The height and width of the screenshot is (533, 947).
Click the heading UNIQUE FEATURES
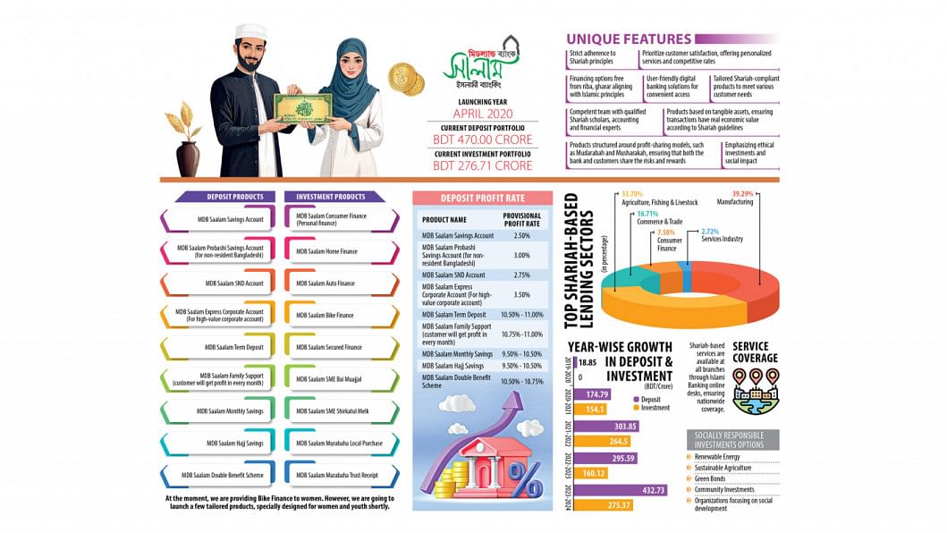[x=629, y=39]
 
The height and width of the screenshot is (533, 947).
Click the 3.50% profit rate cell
[x=522, y=293]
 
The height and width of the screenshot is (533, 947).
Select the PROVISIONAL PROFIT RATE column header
[x=522, y=219]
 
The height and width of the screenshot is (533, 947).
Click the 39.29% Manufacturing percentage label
[x=744, y=193]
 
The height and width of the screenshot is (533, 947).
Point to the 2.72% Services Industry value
[x=709, y=231]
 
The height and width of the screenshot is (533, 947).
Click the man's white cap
[x=250, y=32]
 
